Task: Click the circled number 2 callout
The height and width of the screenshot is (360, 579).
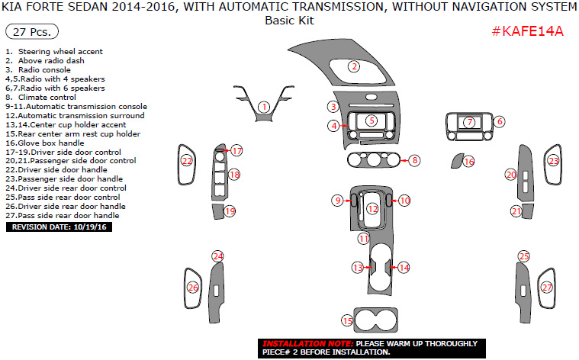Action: point(354,66)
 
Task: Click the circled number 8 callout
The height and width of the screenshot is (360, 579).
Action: point(414,160)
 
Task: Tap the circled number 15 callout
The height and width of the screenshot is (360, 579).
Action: point(348,321)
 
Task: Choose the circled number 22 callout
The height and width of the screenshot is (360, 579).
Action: point(187,161)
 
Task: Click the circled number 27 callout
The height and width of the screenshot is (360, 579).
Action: point(547,288)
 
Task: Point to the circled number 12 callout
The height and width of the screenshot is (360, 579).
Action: point(372,208)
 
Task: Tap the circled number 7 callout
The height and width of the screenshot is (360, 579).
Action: point(470,122)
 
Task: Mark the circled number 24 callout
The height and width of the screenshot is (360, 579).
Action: point(218,256)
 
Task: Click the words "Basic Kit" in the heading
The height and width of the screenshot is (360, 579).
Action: point(289,21)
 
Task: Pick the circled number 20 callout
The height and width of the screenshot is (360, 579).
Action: point(511,175)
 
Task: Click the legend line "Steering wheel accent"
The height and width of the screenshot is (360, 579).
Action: point(55,52)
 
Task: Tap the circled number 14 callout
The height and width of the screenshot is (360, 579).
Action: point(404,268)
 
